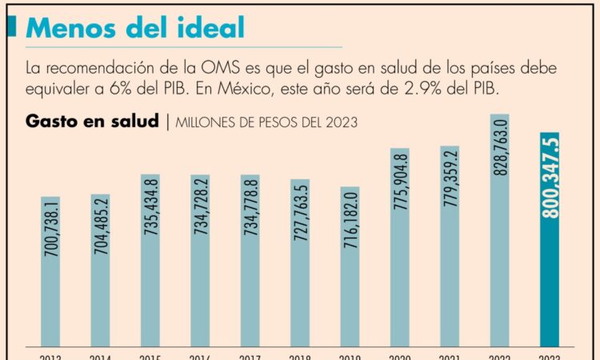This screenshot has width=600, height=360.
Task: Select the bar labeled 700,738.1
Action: pyautogui.click(x=50, y=272)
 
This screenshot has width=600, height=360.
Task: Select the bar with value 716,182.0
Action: pyautogui.click(x=350, y=268)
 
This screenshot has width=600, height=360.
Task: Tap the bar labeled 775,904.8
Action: pyautogui.click(x=400, y=248)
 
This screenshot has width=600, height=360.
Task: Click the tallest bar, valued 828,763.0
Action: pyautogui.click(x=499, y=232)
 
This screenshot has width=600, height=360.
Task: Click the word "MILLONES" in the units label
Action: pyautogui.click(x=208, y=123)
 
